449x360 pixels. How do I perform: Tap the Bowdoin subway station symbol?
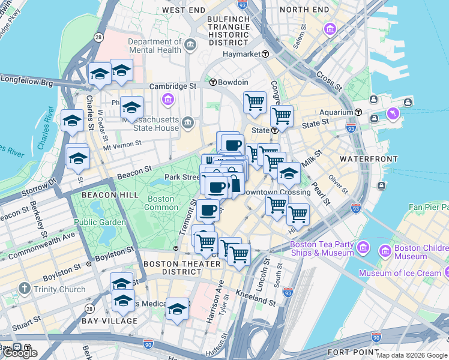[x=213, y=82]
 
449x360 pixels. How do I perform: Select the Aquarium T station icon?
[x=358, y=112]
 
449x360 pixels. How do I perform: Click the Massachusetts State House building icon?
[x=188, y=123]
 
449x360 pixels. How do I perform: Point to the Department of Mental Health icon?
[x=190, y=45]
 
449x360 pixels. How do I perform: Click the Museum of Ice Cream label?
[x=400, y=273]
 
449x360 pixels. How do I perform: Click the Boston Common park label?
[x=160, y=203]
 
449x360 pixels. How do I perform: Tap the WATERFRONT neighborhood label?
[x=369, y=159]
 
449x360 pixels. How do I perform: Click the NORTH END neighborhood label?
[x=304, y=10]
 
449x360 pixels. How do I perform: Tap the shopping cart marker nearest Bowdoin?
[x=255, y=102]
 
